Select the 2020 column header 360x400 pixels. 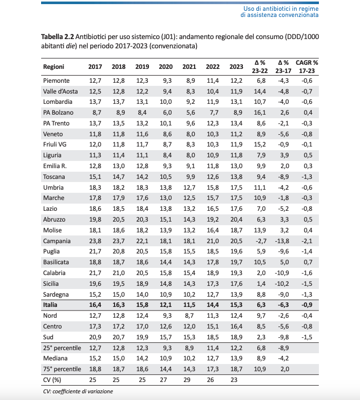[x=165, y=67]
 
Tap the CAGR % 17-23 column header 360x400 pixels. [x=307, y=67]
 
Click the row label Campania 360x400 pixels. [x=57, y=241]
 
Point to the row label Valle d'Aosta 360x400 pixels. [x=60, y=91]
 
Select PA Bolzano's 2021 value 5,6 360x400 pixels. [x=189, y=113]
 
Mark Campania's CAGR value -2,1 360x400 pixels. [x=307, y=241]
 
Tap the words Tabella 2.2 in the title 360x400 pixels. [x=58, y=37]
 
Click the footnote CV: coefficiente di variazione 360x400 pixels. [x=78, y=391]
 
